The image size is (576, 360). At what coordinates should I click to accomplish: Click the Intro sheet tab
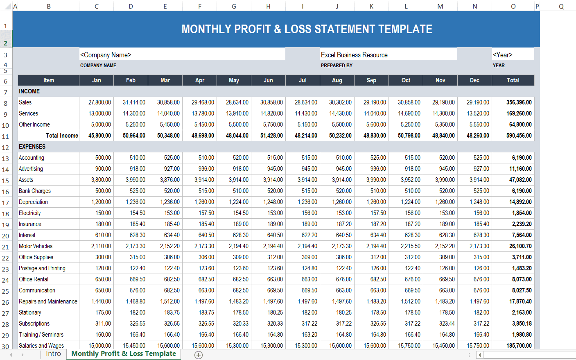(53, 354)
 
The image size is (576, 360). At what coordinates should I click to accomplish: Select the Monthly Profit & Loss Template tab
(124, 354)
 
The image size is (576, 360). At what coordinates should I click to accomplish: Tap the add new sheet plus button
(199, 355)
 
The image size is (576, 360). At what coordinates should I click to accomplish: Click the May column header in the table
(234, 80)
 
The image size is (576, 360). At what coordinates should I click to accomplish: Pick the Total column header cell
(513, 80)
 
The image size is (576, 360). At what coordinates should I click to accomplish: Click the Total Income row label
(62, 136)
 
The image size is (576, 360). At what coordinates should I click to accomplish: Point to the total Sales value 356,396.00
(519, 102)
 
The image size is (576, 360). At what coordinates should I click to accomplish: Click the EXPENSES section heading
(32, 147)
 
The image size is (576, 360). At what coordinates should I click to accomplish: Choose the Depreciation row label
(33, 202)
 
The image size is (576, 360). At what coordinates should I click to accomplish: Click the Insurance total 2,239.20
(522, 224)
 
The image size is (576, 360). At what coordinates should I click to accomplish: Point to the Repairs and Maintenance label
(48, 301)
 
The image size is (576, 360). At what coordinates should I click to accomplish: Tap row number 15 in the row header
(5, 181)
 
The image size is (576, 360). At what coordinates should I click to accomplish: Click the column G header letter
(234, 6)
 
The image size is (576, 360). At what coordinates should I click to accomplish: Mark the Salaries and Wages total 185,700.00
(519, 346)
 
